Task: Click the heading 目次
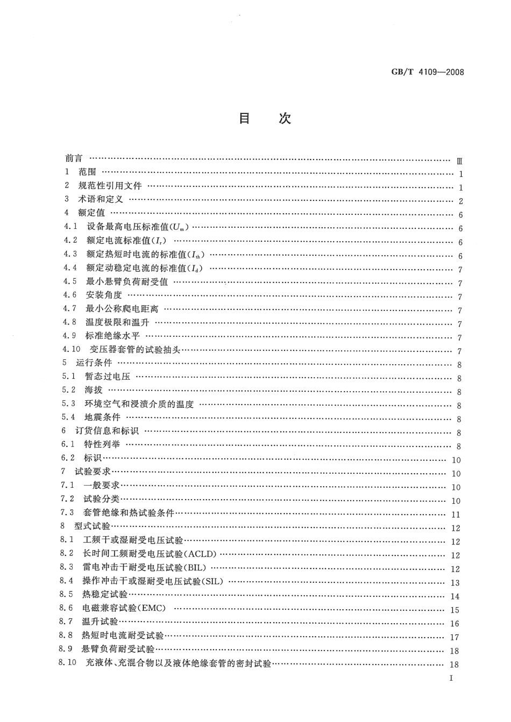coord(265,119)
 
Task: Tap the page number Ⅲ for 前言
coord(459,161)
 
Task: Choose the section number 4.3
coord(70,254)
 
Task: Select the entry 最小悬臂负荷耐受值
coord(127,281)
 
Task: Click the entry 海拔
coord(93,391)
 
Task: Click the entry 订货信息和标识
coord(107,431)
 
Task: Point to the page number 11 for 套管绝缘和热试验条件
coord(456,515)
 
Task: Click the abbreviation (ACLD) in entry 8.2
coord(201,555)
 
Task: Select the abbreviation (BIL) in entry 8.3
coord(195,568)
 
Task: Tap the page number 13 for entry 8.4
coord(456,583)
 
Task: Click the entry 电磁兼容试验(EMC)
coord(124,609)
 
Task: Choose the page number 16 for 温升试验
coord(456,624)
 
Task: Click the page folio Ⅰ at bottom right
coord(451,677)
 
